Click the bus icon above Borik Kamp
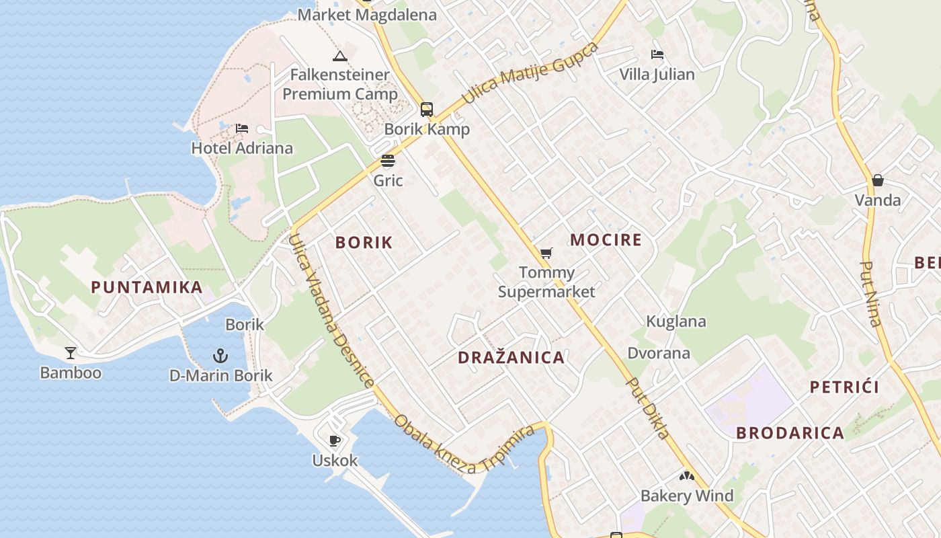(427, 109)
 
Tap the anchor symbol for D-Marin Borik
(220, 355)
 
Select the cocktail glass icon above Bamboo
(71, 352)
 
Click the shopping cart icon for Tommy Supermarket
(546, 253)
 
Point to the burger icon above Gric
(388, 161)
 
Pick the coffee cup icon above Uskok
(334, 440)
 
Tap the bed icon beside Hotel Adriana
(242, 128)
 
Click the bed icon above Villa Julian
(657, 54)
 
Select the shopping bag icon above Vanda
(877, 180)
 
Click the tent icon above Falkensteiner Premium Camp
(339, 55)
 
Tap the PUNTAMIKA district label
(147, 287)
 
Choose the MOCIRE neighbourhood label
(606, 239)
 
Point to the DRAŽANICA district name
(511, 357)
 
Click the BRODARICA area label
(790, 432)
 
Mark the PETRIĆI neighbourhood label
(844, 387)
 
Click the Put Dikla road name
(648, 408)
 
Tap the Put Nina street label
(871, 294)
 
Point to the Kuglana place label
(676, 321)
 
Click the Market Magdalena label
(367, 14)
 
